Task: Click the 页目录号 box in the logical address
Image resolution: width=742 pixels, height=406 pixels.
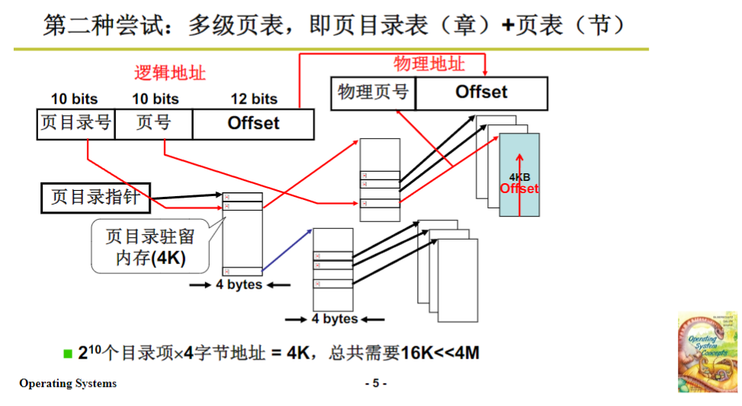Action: (x=75, y=124)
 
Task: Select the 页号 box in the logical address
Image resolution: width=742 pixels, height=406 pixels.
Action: (x=153, y=124)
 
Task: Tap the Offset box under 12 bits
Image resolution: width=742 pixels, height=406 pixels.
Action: (x=253, y=124)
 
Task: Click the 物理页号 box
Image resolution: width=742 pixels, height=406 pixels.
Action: (x=373, y=93)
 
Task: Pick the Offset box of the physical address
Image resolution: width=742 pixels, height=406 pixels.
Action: (x=481, y=93)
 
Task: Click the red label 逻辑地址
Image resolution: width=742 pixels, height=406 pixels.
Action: (x=169, y=72)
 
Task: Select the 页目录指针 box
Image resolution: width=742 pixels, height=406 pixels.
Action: (x=95, y=197)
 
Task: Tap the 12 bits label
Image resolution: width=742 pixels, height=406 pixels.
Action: (x=254, y=99)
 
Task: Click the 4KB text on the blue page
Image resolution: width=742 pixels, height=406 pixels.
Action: (x=519, y=177)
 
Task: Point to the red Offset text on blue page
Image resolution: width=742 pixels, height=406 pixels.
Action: (x=519, y=188)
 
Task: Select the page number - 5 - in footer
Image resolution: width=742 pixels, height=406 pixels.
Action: (x=376, y=383)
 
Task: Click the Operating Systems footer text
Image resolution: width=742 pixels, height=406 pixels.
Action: (x=68, y=383)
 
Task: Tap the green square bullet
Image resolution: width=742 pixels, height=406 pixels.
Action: (x=68, y=353)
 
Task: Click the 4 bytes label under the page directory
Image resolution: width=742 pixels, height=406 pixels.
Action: (x=239, y=285)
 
